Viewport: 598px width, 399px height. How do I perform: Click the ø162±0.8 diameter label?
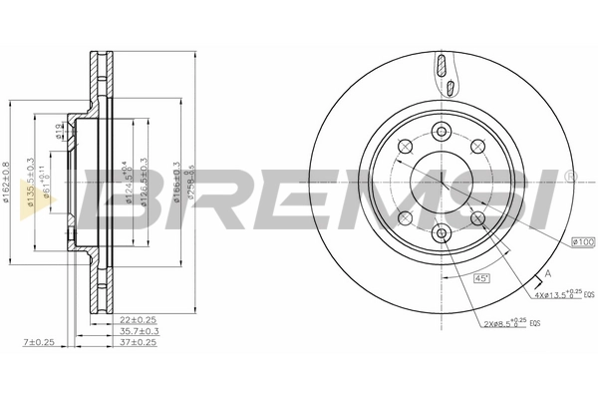9,181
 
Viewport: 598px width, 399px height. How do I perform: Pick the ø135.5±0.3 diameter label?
31,181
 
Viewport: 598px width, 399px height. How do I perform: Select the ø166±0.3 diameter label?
176,181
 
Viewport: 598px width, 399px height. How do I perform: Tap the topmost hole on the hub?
441,130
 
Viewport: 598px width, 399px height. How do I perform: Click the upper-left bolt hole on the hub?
404,147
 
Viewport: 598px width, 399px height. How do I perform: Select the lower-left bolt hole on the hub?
404,218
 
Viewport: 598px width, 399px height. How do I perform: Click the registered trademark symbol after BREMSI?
570,177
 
